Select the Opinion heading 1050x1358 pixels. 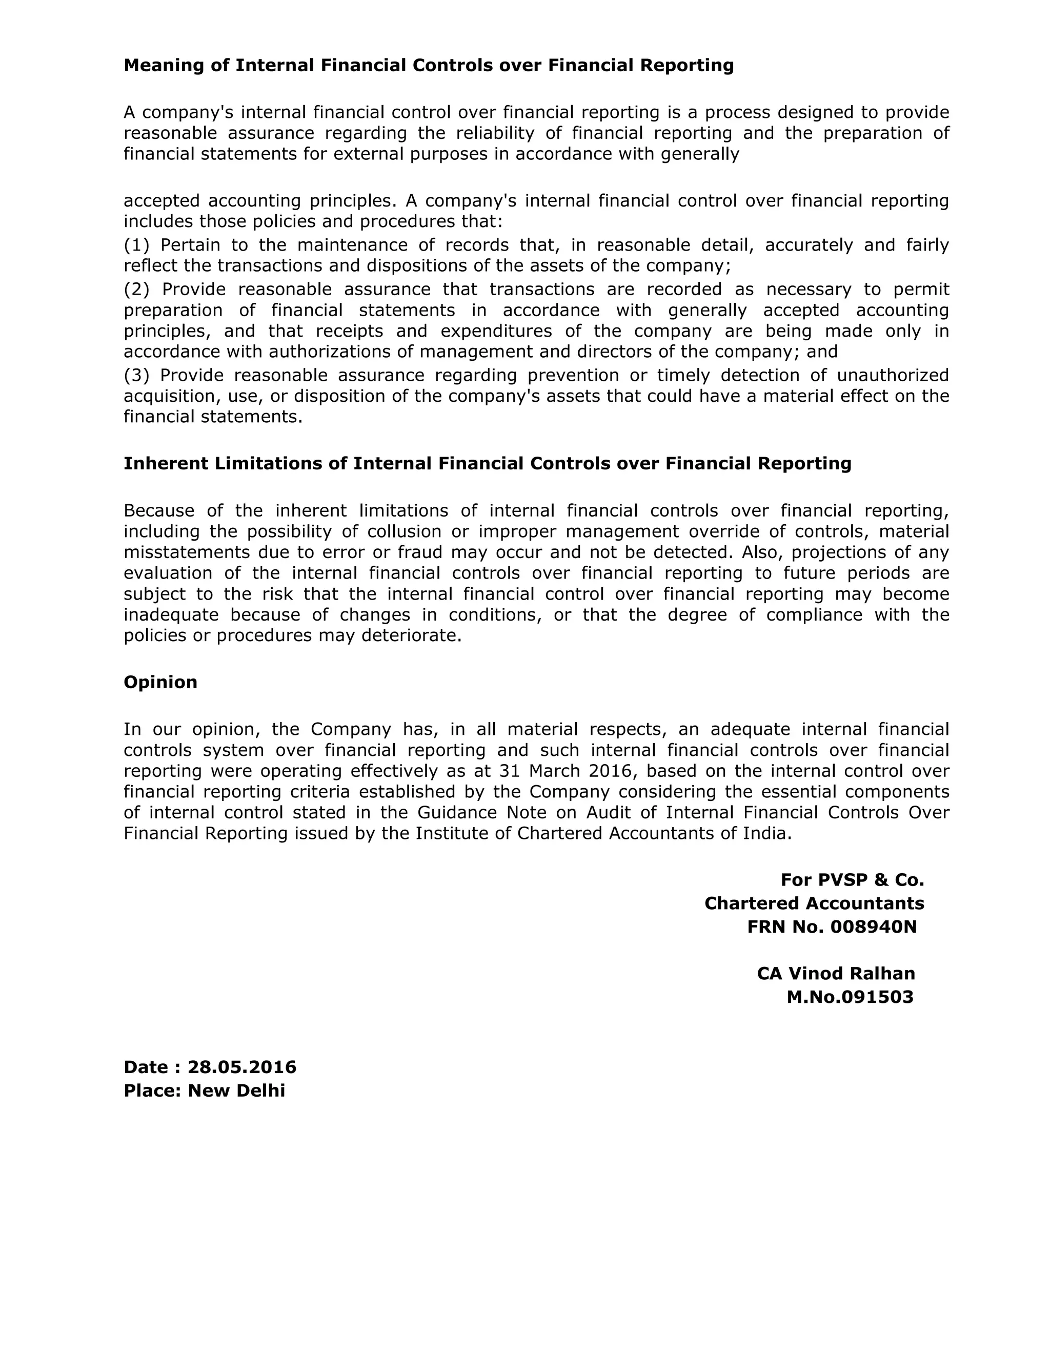160,682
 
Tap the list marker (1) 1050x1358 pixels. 136,245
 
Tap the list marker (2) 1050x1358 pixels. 136,290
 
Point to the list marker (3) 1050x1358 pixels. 136,376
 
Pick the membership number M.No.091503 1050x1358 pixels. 850,997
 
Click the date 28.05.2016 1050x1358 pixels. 242,1067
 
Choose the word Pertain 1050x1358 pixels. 190,245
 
